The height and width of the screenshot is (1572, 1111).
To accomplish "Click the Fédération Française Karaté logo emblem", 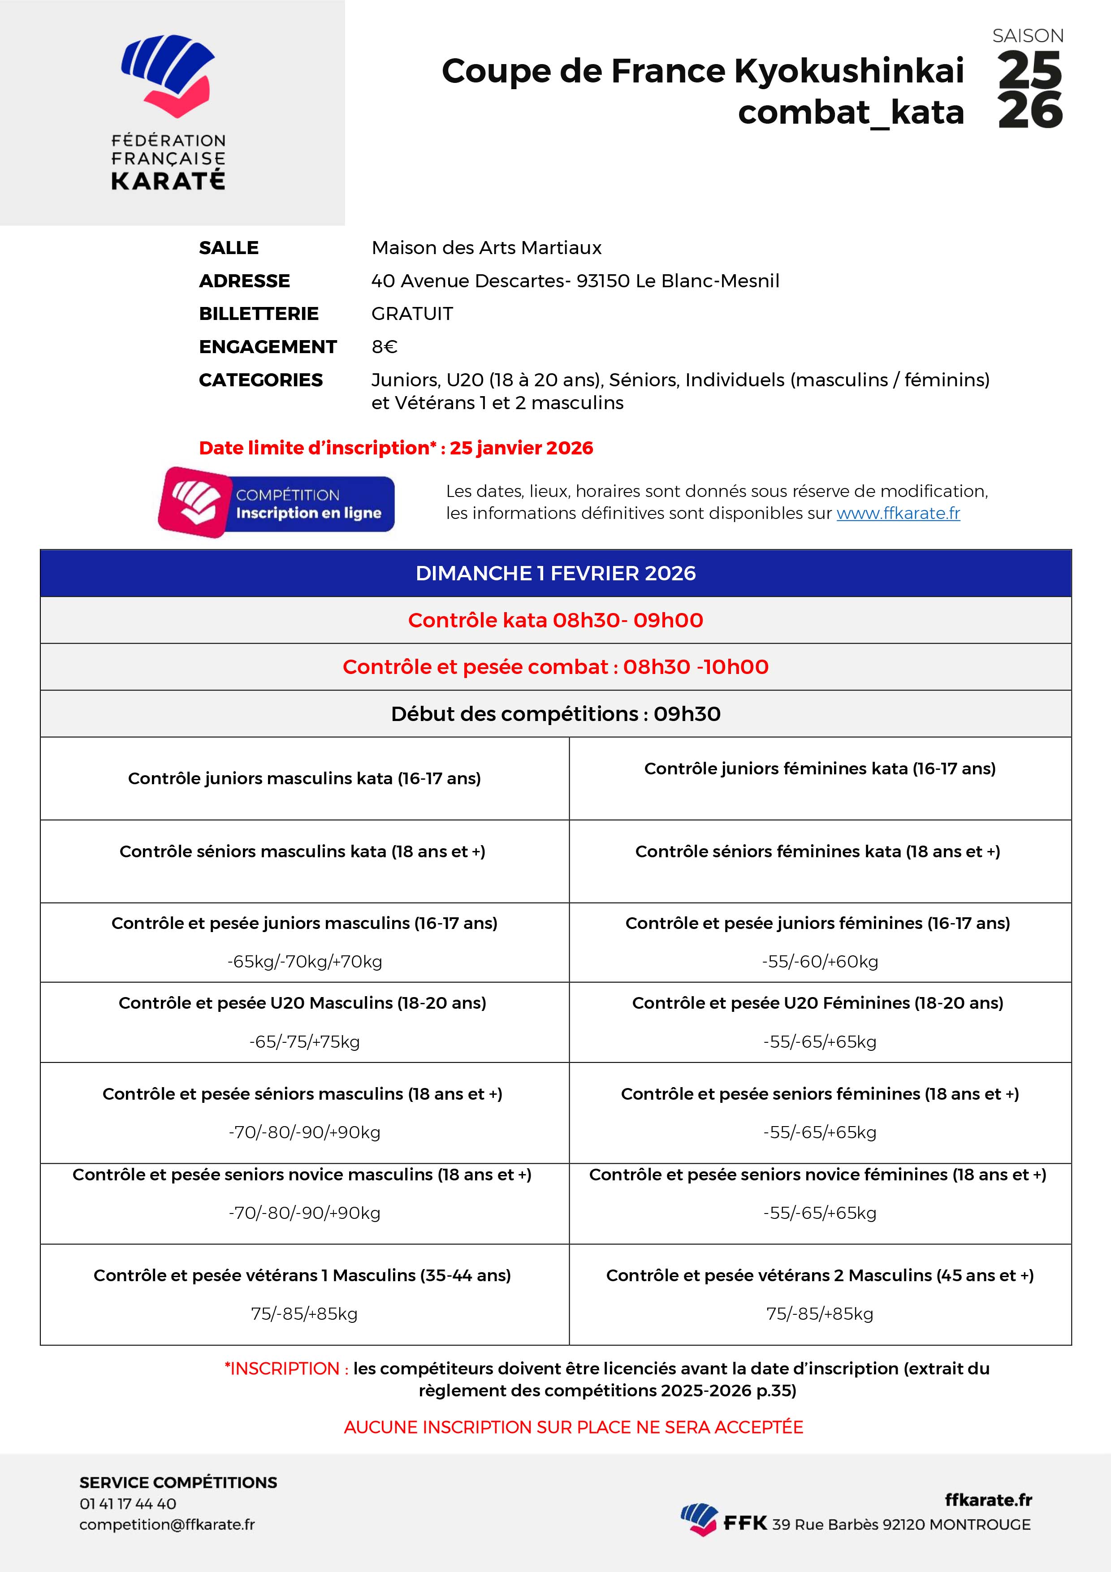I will [x=168, y=75].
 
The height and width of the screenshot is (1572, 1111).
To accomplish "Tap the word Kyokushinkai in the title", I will [x=849, y=71].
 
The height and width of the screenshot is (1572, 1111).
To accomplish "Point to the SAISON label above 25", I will [x=1028, y=35].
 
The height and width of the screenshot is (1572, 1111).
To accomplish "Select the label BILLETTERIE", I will [x=258, y=314].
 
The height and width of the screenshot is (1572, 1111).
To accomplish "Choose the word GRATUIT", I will [x=412, y=314].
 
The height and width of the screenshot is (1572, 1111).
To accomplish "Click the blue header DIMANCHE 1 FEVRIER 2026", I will [x=555, y=573].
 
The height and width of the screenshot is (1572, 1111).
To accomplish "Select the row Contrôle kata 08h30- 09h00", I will [x=555, y=620].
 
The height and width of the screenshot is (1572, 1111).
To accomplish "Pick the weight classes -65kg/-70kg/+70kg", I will [x=305, y=961].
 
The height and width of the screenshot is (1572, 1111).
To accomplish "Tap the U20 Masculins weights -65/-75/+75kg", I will [x=305, y=1041].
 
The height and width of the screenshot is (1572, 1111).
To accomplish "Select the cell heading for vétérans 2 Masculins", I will [x=819, y=1275].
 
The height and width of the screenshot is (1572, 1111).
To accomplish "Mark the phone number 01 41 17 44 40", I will [x=128, y=1503].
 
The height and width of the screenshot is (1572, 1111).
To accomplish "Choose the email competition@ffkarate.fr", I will [x=167, y=1524].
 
